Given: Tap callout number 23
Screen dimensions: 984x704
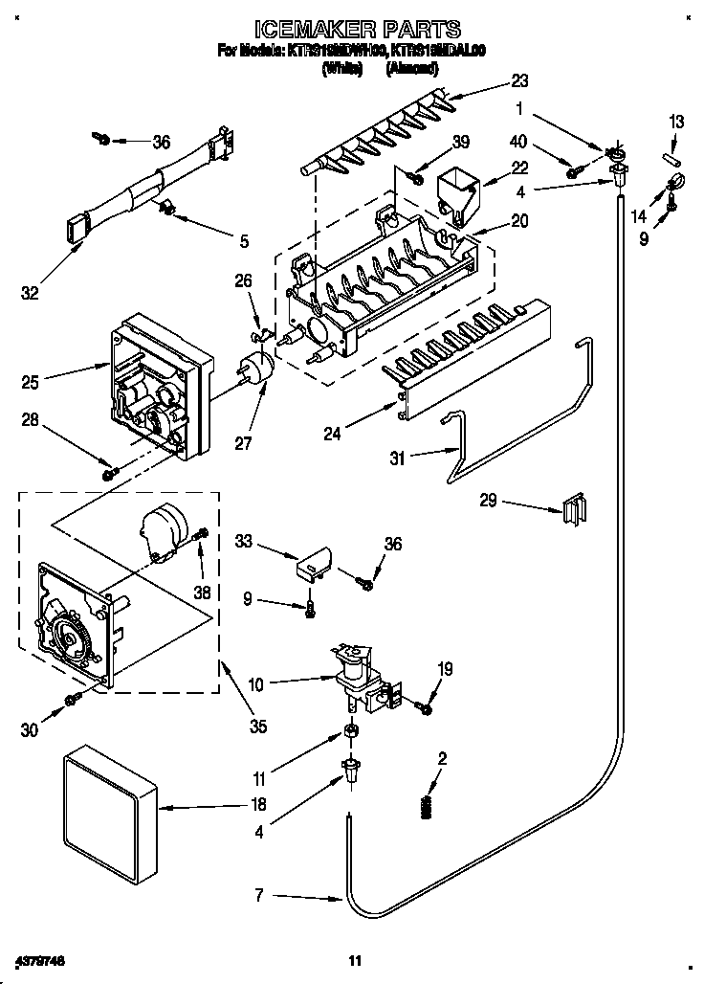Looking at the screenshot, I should coord(519,80).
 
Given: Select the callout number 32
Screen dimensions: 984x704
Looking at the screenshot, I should coord(30,293).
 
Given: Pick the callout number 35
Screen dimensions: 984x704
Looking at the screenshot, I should coord(257,727).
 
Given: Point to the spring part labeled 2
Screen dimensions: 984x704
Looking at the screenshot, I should coord(427,807).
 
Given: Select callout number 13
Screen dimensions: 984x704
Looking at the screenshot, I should coord(676,122).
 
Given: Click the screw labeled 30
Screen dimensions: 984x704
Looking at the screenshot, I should coord(72,701).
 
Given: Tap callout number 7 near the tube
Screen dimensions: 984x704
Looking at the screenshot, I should coord(259,897).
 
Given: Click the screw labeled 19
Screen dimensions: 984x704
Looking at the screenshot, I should coord(424,707).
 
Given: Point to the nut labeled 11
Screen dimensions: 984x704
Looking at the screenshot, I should coord(351,733).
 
